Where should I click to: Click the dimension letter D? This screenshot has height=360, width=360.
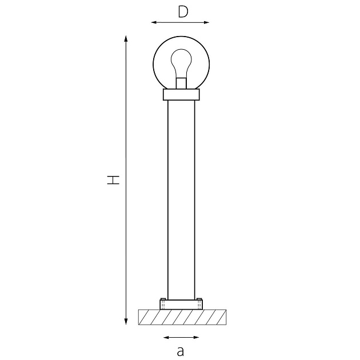point(182,11)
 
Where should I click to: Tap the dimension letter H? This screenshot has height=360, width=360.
point(114,179)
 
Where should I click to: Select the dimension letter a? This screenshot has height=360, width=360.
point(181,350)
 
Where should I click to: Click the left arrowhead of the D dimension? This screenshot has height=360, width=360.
point(154,23)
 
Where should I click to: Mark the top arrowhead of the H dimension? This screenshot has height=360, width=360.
point(126,38)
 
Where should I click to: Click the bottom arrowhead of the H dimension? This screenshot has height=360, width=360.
point(126,321)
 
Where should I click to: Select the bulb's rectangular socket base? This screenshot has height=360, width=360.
point(181,83)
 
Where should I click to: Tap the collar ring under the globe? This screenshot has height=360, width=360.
point(181,95)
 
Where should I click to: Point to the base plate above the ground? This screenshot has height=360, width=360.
point(181,305)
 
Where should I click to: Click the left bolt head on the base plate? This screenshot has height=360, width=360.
point(163,299)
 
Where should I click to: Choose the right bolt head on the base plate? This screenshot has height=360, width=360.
point(199,299)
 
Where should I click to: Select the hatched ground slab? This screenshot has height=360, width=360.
point(182,317)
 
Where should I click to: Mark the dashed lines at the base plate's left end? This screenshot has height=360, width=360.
point(163,305)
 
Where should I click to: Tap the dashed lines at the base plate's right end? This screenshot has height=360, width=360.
point(199,305)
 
